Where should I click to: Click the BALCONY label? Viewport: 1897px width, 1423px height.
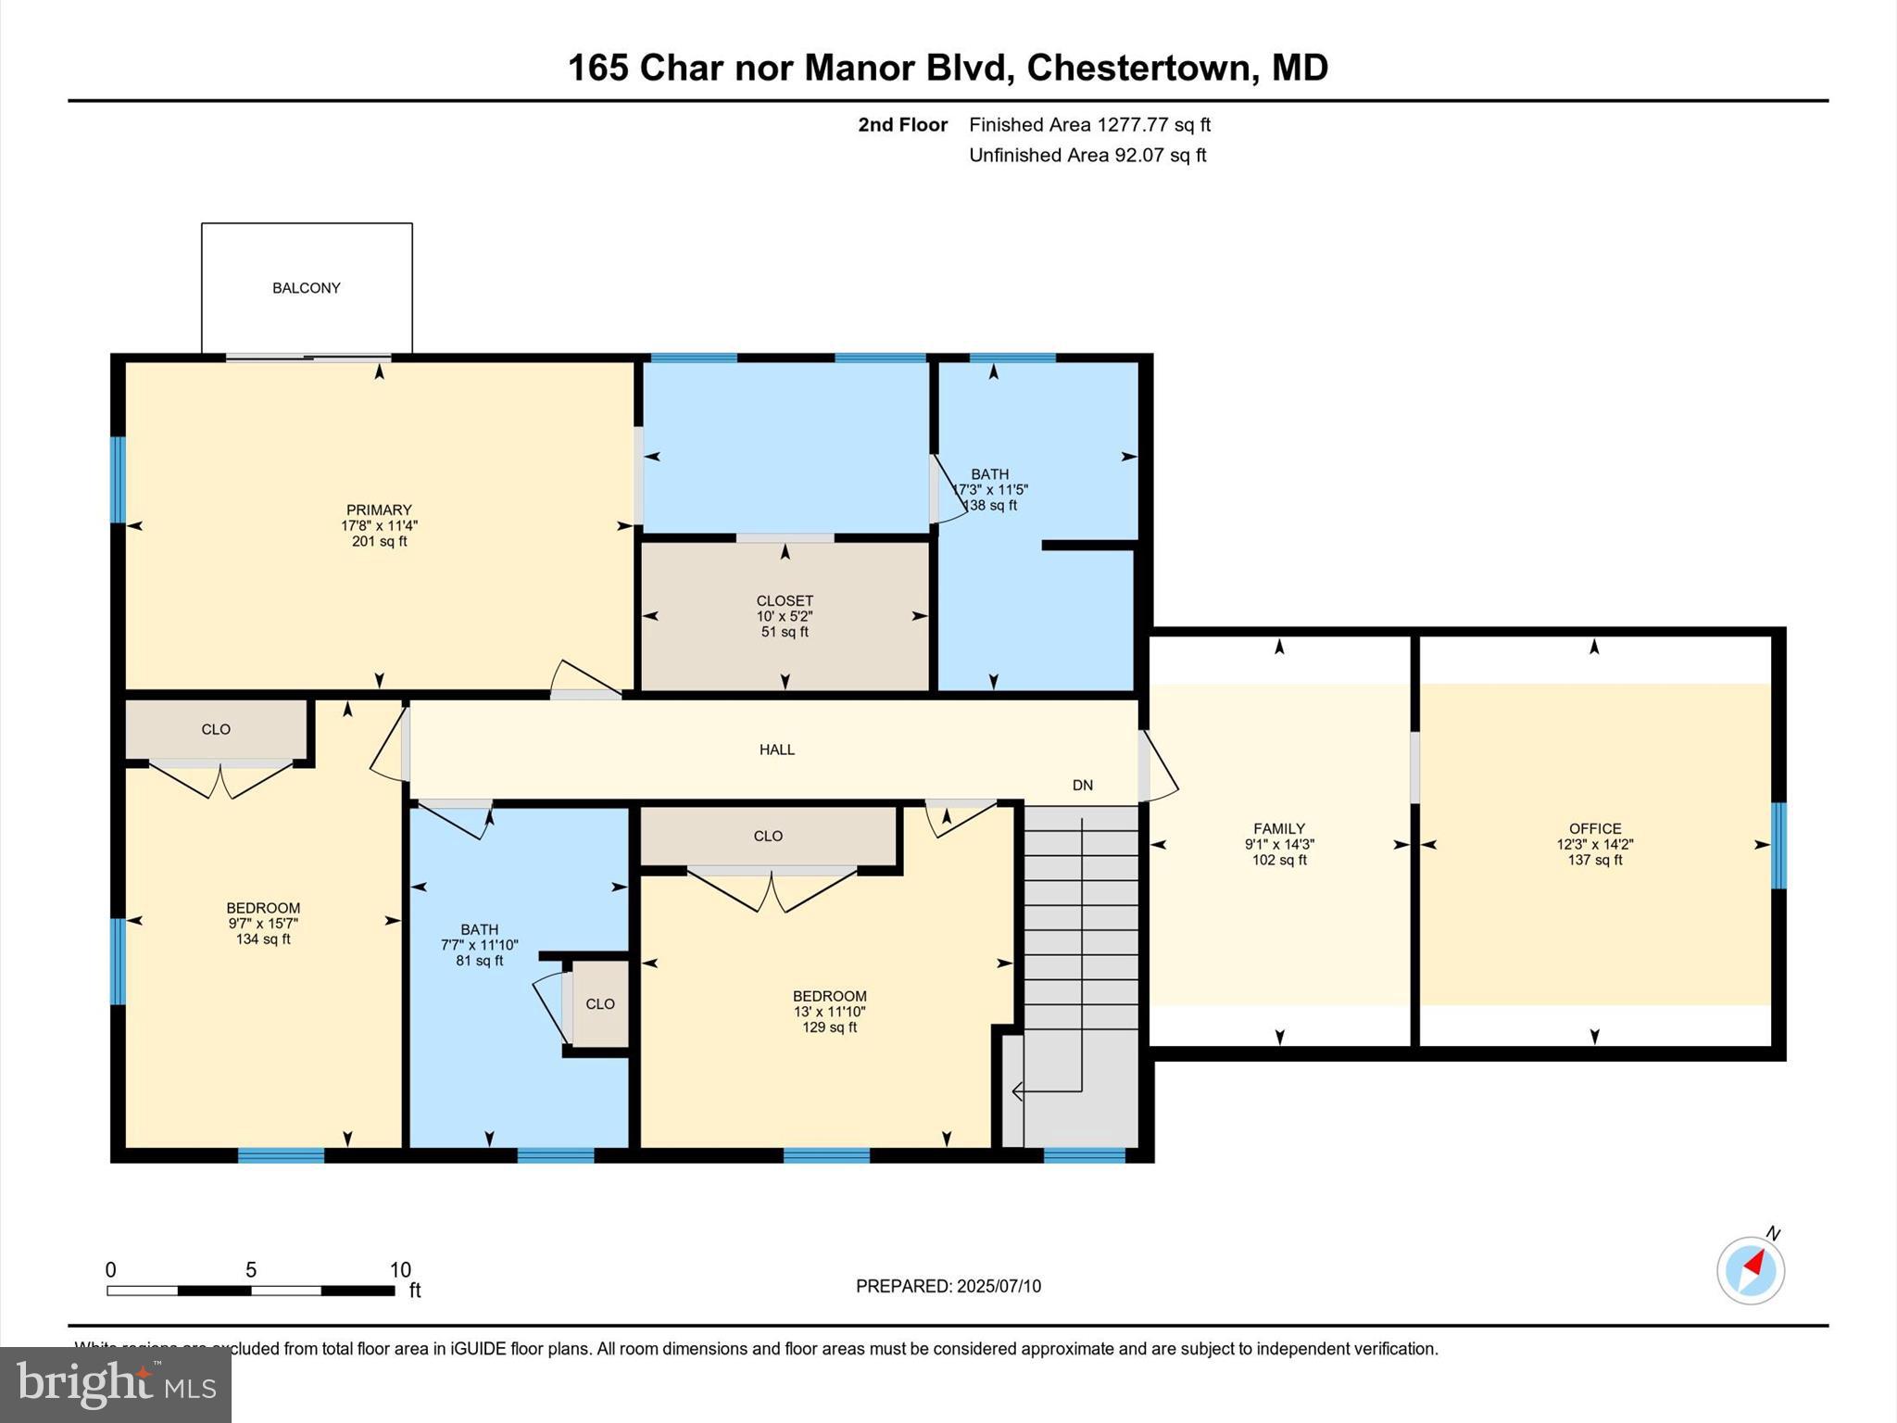click(x=306, y=288)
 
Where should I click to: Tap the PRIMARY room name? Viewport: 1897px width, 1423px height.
click(x=378, y=510)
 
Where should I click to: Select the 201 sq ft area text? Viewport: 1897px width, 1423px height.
click(x=379, y=541)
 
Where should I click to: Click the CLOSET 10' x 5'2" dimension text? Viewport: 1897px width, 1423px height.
click(x=784, y=616)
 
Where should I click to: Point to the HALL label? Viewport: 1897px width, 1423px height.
click(x=776, y=749)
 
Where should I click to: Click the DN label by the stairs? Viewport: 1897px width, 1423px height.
click(x=1082, y=786)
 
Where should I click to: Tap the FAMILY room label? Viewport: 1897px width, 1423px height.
click(x=1278, y=828)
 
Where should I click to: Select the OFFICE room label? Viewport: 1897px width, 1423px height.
click(x=1594, y=828)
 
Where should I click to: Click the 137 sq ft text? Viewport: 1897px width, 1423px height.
click(x=1594, y=860)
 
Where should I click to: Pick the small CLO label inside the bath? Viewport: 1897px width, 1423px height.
click(x=599, y=1003)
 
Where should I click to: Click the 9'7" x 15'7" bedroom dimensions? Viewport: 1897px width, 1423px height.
click(x=263, y=924)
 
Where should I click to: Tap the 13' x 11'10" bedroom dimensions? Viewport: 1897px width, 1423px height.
click(x=829, y=1012)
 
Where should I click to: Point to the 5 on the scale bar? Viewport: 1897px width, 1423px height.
click(x=250, y=1270)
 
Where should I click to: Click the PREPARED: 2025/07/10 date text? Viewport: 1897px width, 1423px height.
click(x=948, y=1286)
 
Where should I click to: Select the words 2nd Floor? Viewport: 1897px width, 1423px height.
click(x=902, y=125)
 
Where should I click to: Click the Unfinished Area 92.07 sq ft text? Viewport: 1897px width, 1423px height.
click(x=1087, y=156)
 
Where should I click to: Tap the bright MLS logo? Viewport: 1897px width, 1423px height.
click(x=116, y=1384)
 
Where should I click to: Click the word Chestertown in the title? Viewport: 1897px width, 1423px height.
click(x=1138, y=68)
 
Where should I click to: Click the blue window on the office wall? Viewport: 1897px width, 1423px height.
click(x=1778, y=845)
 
